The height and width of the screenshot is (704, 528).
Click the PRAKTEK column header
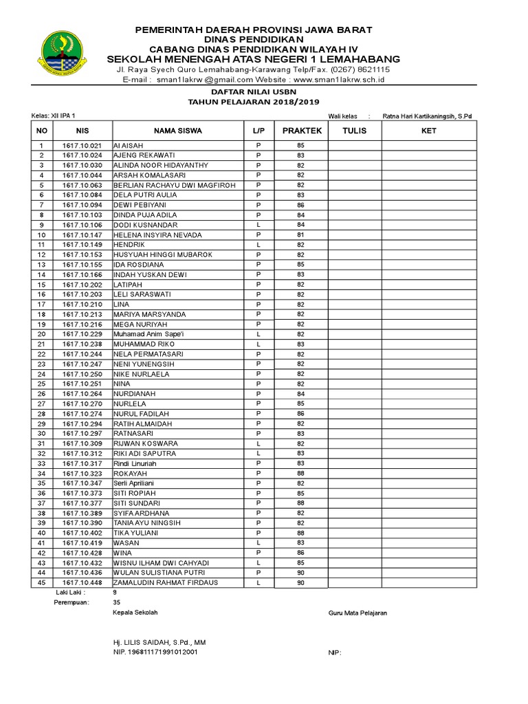[x=300, y=131]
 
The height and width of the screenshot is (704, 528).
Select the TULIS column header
[x=354, y=131]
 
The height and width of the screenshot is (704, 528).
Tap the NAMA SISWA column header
[x=177, y=131]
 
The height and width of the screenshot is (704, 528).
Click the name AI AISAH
[x=129, y=146]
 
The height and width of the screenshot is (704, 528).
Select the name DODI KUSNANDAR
[x=145, y=225]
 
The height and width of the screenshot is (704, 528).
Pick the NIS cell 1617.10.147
[x=82, y=235]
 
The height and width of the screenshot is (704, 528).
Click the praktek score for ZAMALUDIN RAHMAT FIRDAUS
[x=300, y=583]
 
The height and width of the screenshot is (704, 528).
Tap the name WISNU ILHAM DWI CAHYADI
[x=161, y=563]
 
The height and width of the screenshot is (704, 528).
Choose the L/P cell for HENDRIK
[x=258, y=245]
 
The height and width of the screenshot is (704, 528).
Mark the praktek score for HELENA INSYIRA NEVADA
[x=300, y=235]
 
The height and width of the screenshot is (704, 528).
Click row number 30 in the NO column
[x=41, y=434]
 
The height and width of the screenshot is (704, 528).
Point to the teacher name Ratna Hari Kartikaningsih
[x=427, y=116]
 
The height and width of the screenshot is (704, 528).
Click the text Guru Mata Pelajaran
[x=357, y=613]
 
